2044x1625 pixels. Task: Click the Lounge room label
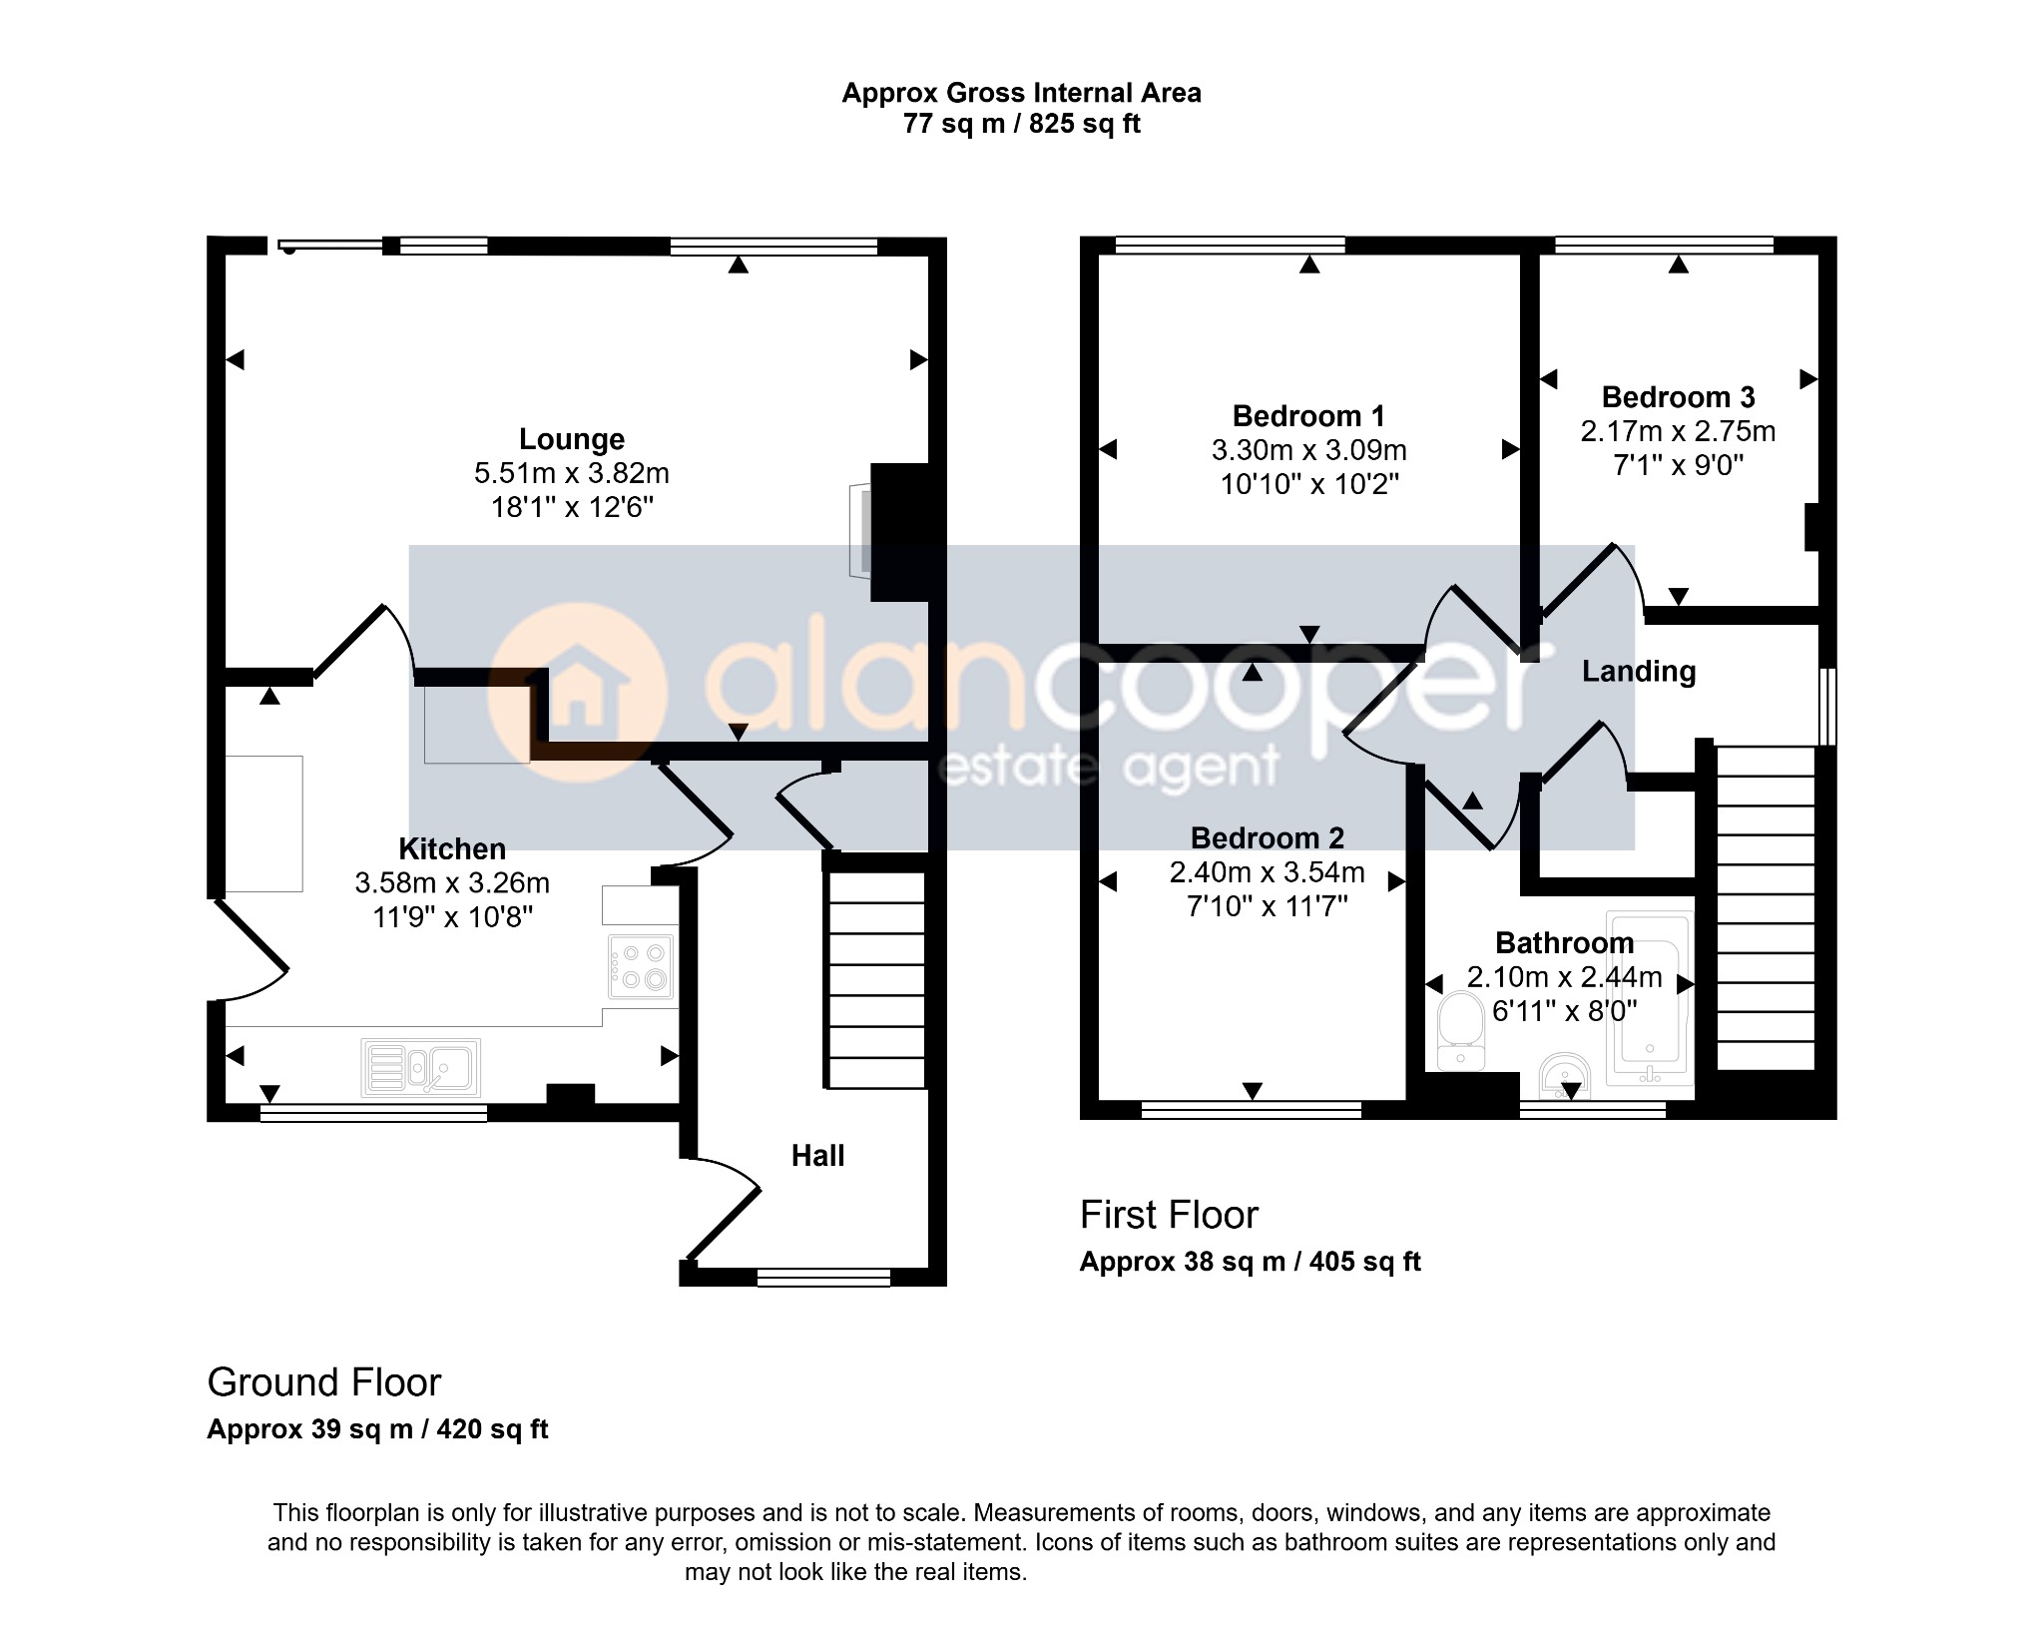pos(572,439)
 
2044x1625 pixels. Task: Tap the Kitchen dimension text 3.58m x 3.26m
pos(452,883)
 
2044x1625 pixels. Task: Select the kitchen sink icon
pos(421,1067)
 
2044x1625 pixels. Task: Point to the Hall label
pos(818,1156)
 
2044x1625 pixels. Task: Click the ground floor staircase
pos(875,979)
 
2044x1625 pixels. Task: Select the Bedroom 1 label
pos(1309,416)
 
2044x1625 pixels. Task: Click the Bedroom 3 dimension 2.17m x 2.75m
pos(1679,431)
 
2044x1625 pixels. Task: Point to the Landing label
pos(1639,672)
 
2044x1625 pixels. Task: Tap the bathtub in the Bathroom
pos(1649,998)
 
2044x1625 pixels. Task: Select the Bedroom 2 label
pos(1268,838)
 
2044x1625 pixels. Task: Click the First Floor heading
pos(1169,1215)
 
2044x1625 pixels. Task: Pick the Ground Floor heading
pos(323,1382)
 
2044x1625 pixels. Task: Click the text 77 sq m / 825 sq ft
pos(1022,124)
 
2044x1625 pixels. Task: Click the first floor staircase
pos(1765,908)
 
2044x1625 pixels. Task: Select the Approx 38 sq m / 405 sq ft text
pos(1250,1262)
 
